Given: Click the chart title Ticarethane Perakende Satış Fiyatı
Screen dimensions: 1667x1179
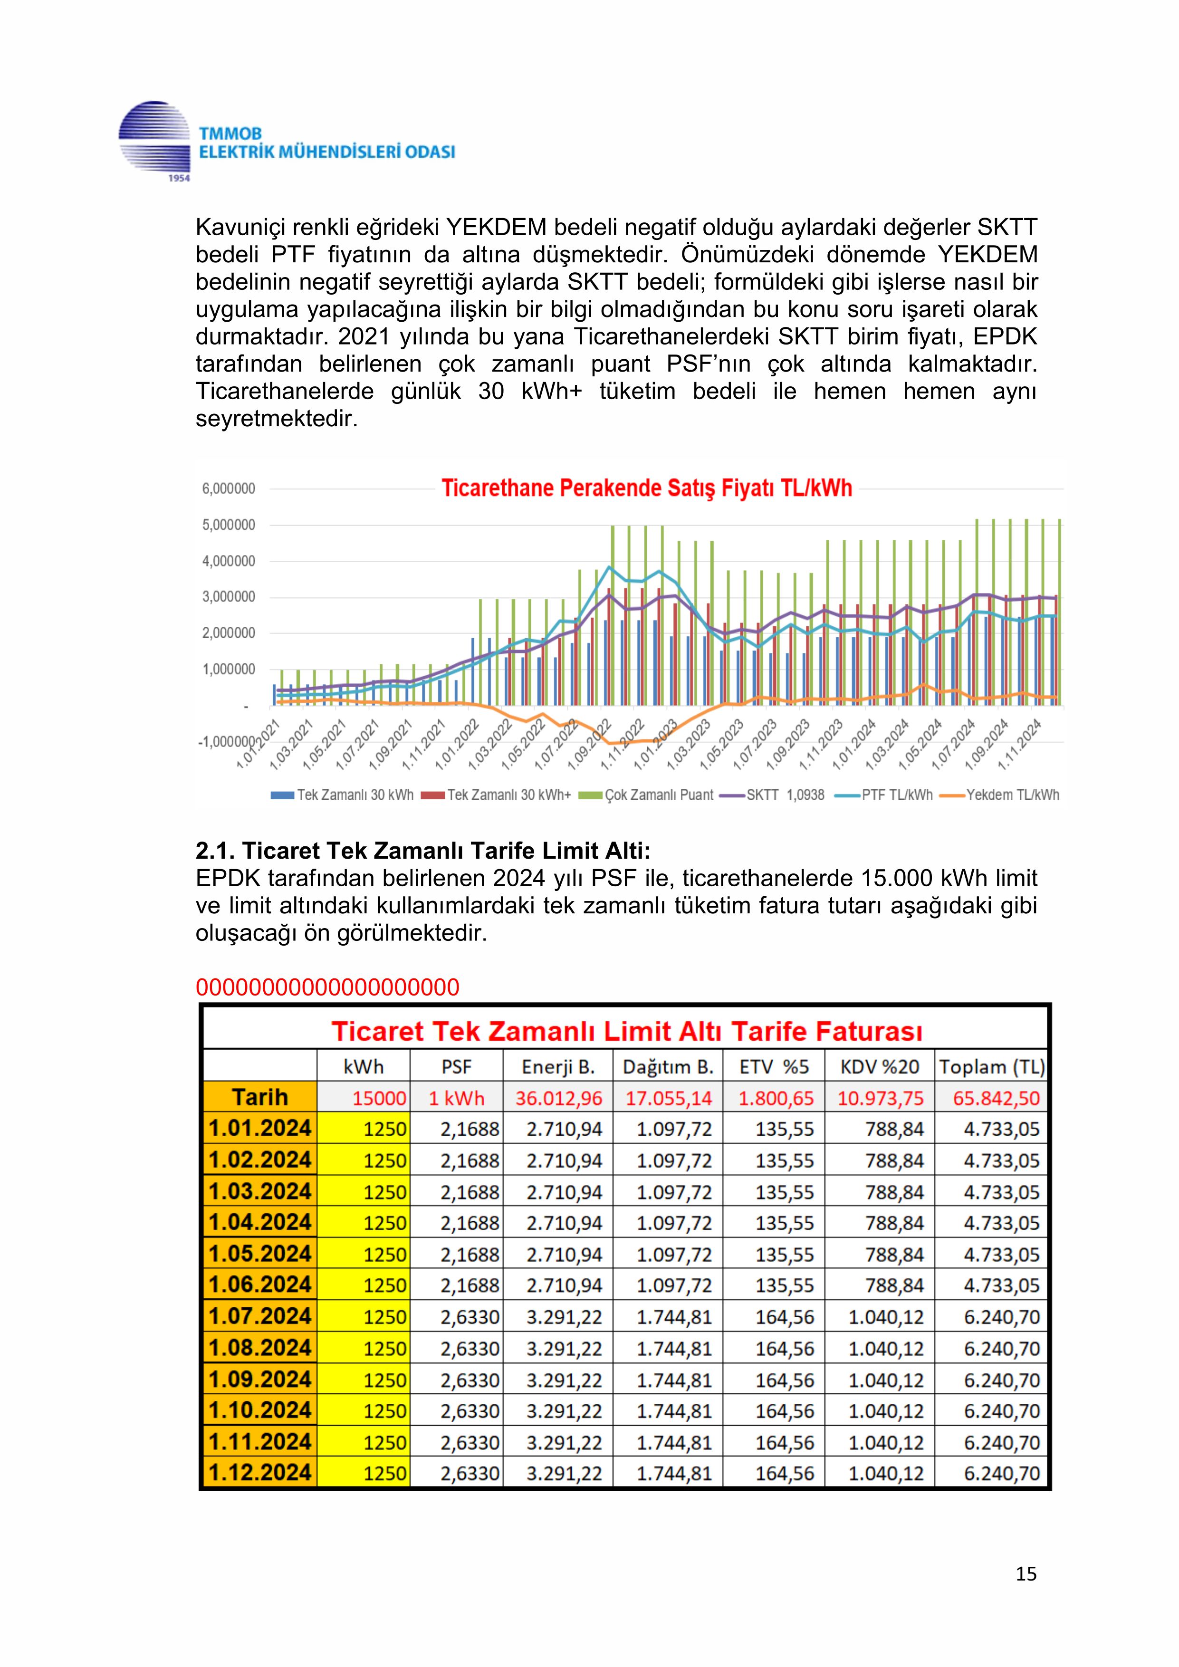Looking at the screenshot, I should [x=646, y=488].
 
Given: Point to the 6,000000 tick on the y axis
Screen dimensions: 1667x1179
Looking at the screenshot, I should [x=229, y=489].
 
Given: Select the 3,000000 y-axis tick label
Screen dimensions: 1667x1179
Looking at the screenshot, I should [x=229, y=597].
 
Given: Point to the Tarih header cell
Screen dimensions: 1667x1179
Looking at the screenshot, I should [x=260, y=1097].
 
